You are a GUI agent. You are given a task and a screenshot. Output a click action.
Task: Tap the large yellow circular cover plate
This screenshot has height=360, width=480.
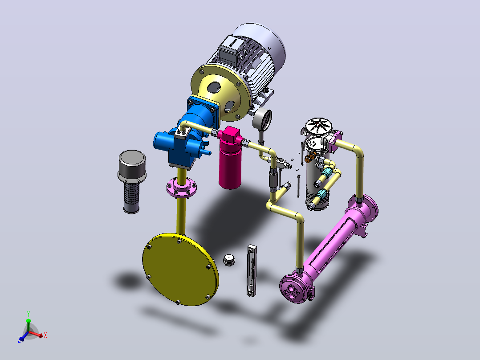[x=181, y=269]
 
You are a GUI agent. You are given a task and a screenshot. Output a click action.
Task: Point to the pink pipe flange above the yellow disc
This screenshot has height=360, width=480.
[x=182, y=187]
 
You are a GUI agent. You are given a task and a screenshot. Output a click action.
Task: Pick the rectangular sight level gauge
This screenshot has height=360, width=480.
[x=252, y=270]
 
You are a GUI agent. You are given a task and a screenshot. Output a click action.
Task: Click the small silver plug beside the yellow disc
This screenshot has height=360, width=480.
[x=229, y=260]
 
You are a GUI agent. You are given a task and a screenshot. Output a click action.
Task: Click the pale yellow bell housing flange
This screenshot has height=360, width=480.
[x=221, y=91]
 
